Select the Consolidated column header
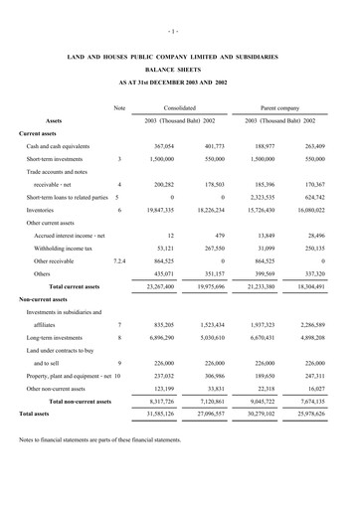coord(180,106)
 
